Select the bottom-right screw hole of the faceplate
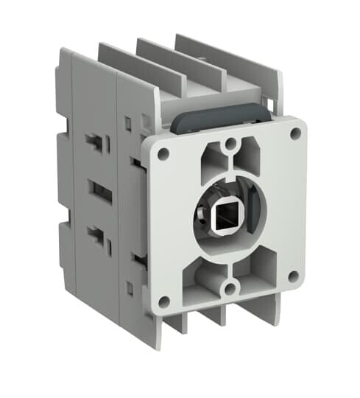click(x=294, y=276)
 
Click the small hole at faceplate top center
click(x=230, y=143)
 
